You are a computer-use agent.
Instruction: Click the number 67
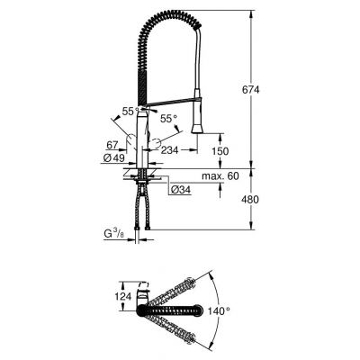pyautogui.click(x=112, y=144)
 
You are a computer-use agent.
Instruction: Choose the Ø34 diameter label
pyautogui.click(x=181, y=190)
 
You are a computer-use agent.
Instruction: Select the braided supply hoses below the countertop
pyautogui.click(x=142, y=211)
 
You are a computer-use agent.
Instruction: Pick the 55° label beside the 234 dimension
pyautogui.click(x=166, y=118)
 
